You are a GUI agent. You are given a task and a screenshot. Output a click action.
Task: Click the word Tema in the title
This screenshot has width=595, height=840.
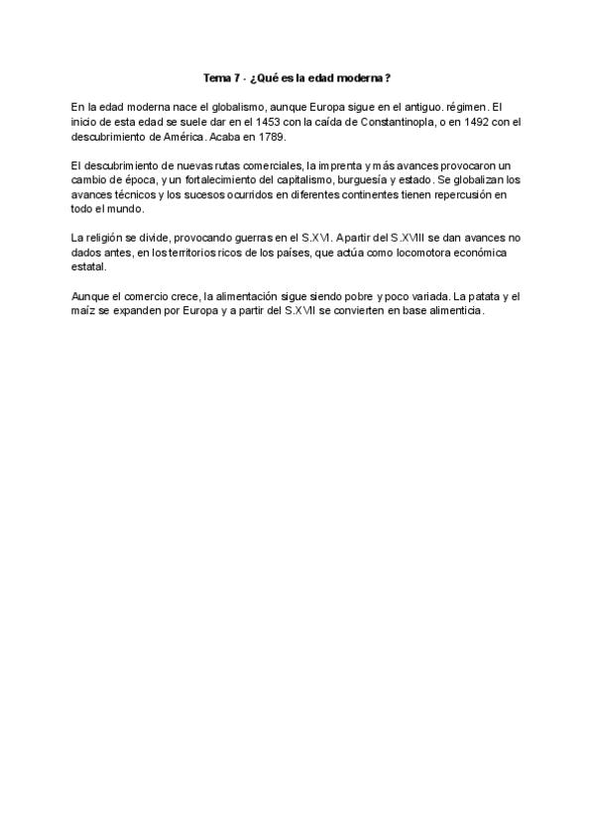click(217, 77)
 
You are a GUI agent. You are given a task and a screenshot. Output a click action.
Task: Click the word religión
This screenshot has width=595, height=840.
click(108, 238)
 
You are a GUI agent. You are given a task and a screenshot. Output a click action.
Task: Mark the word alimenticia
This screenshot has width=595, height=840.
click(451, 311)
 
